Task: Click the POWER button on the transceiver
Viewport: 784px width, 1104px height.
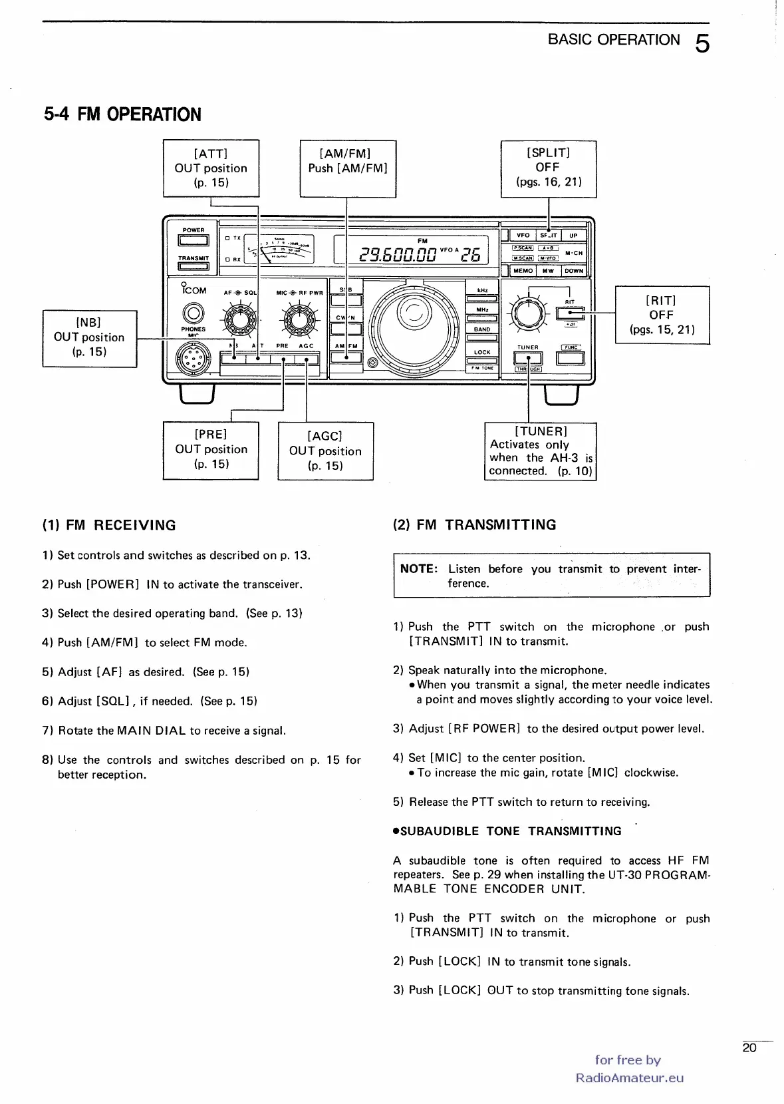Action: coord(194,240)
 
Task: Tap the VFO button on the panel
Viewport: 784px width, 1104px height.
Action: coord(523,235)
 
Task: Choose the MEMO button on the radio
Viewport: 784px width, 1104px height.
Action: coord(523,271)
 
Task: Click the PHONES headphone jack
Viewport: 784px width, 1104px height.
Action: coord(194,312)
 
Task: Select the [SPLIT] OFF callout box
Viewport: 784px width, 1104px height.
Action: coord(548,168)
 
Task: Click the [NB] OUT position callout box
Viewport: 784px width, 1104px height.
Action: coord(89,338)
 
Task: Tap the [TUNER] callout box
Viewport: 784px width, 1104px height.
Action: coord(540,451)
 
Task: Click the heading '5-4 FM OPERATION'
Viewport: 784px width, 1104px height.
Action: coord(122,114)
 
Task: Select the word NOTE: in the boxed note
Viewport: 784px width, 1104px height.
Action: coord(418,569)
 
